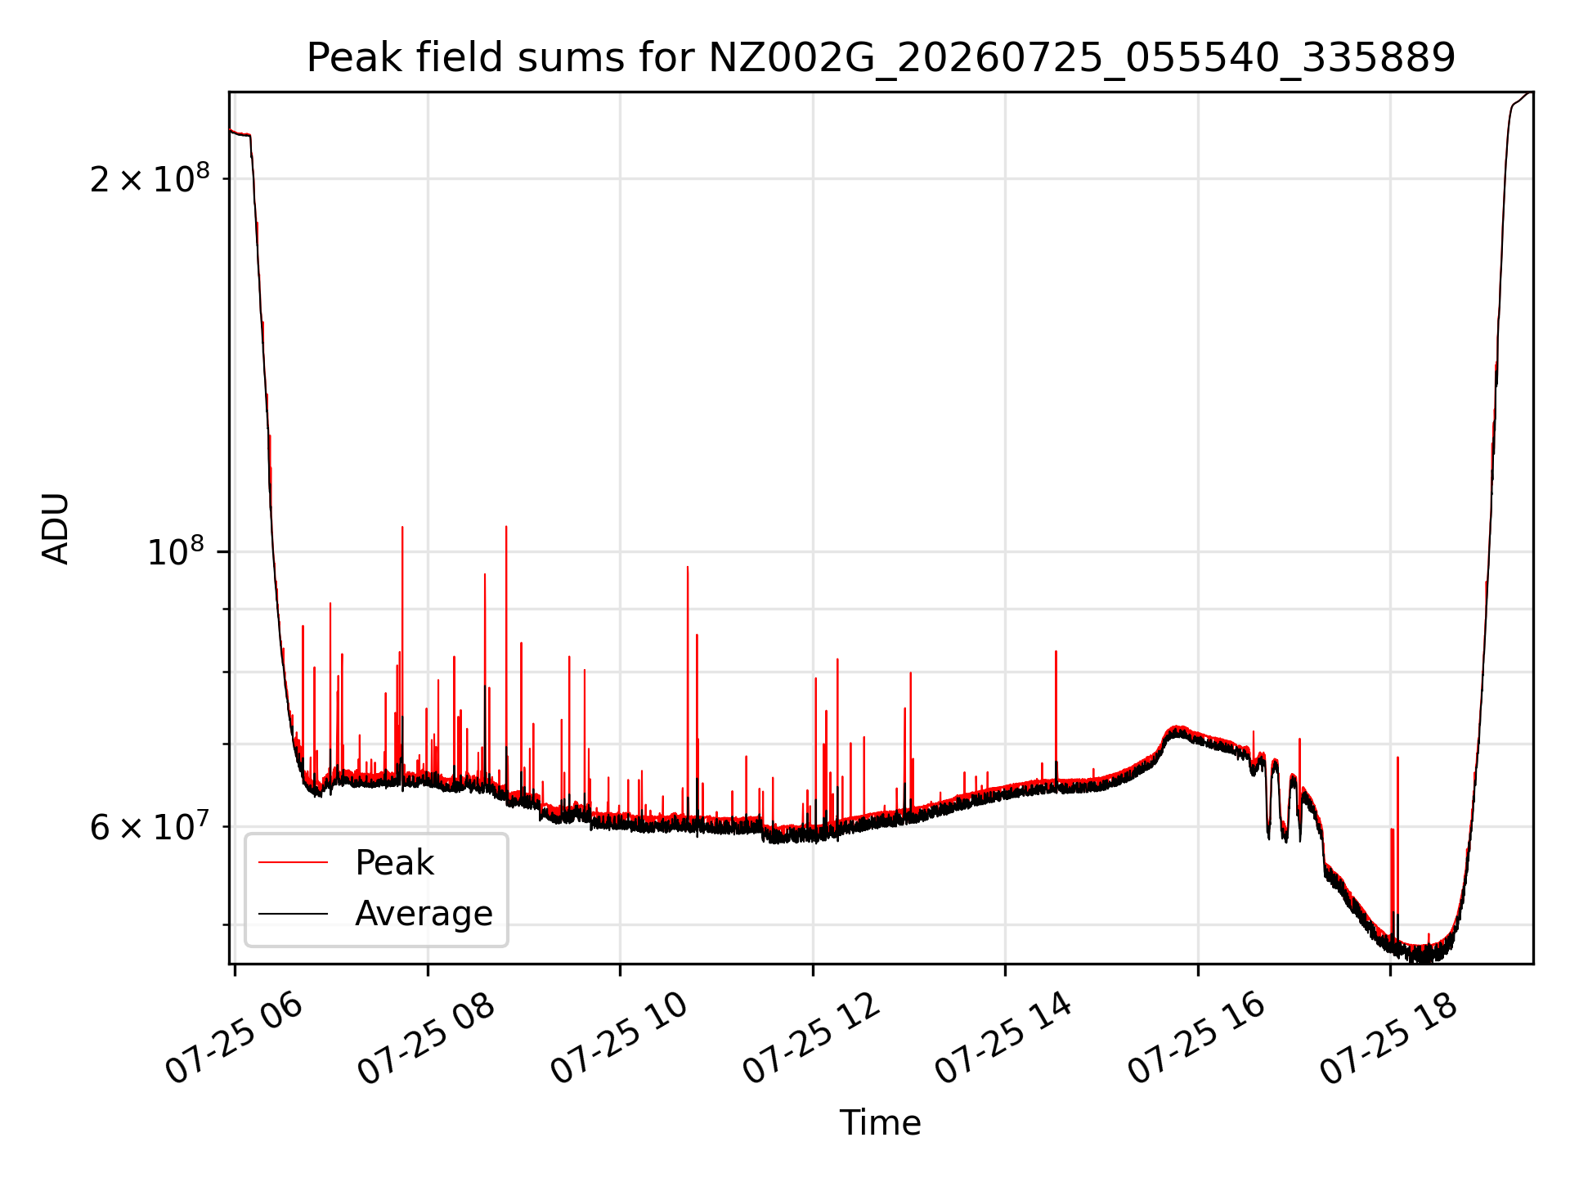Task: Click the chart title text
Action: (881, 58)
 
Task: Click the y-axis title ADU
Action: (56, 528)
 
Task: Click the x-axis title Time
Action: (881, 1123)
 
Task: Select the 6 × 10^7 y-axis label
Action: (150, 826)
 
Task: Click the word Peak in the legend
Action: (394, 863)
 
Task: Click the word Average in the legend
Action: (424, 914)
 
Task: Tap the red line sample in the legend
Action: (293, 863)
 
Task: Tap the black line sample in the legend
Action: (293, 914)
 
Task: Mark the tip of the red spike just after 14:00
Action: (1056, 651)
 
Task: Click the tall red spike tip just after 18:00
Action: (1397, 758)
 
